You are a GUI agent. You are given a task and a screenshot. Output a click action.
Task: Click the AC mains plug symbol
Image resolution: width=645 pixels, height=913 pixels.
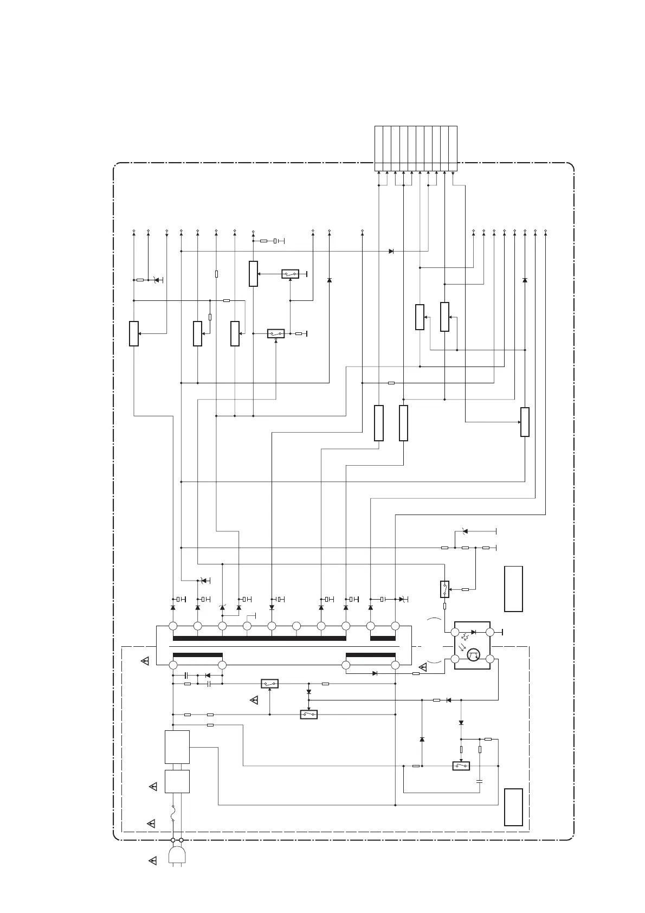click(x=177, y=855)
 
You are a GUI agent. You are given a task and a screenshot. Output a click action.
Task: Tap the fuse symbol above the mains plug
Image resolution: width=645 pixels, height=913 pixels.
click(x=173, y=813)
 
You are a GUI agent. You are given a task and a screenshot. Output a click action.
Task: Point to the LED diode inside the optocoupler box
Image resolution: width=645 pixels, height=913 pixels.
click(x=473, y=632)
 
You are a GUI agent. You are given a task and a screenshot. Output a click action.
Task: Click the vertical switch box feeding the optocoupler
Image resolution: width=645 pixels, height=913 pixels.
click(x=444, y=588)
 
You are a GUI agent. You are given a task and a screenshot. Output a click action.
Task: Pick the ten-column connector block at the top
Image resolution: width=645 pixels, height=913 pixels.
click(x=416, y=148)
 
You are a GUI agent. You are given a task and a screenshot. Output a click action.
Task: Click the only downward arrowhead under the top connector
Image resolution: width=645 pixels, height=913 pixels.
click(x=453, y=174)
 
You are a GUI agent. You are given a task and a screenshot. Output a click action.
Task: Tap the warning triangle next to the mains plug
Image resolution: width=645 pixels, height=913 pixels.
click(x=152, y=860)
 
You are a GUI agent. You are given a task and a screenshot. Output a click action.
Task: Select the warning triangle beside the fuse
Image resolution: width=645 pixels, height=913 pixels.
click(x=152, y=824)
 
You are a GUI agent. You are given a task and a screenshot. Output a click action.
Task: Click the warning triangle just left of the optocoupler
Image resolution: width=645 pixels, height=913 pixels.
click(x=423, y=667)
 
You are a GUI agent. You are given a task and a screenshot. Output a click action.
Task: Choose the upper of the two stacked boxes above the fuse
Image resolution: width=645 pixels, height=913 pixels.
click(x=177, y=747)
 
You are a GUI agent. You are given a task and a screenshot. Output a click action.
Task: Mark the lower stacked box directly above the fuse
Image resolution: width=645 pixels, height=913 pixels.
click(x=177, y=781)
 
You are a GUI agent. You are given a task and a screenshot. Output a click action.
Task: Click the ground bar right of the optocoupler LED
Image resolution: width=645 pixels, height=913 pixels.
click(x=503, y=632)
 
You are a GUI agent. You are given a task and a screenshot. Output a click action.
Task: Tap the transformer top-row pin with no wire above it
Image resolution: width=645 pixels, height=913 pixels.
click(x=296, y=626)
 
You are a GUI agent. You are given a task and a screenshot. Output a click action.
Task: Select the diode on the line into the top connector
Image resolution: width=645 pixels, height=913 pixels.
click(x=391, y=252)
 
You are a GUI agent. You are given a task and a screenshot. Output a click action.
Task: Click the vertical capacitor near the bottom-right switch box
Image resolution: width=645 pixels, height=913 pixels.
click(x=480, y=781)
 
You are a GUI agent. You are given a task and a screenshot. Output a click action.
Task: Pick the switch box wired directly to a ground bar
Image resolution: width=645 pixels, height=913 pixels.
click(x=290, y=274)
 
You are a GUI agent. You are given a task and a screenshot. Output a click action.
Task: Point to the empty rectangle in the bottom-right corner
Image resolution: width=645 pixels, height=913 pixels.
click(x=513, y=807)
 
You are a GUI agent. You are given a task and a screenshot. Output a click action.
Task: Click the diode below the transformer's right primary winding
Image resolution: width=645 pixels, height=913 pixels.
click(x=375, y=673)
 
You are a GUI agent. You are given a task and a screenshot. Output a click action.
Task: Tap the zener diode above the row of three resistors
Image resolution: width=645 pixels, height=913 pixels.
click(x=465, y=531)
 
